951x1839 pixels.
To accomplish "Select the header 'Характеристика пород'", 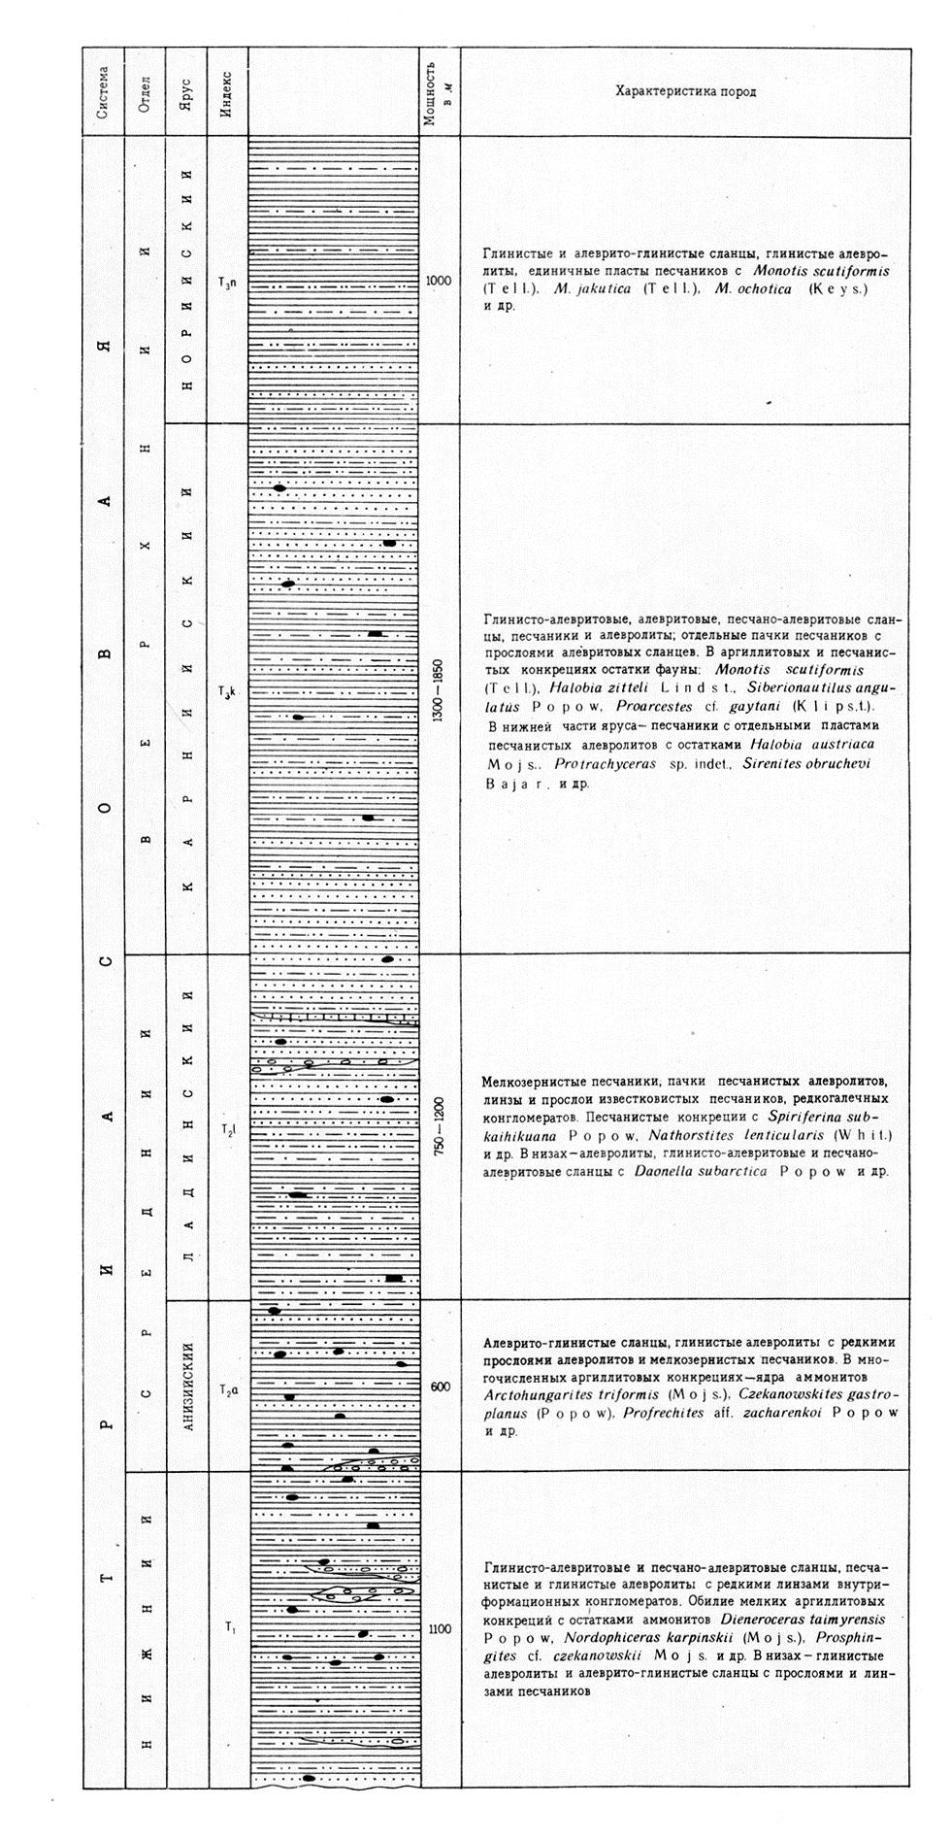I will (685, 92).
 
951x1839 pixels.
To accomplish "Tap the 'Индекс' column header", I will (226, 92).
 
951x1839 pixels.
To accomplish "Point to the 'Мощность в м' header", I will (439, 92).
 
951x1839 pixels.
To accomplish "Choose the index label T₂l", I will (228, 1129).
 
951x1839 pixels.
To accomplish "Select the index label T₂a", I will (228, 1388).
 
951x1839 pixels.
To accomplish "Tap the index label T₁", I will (229, 1625).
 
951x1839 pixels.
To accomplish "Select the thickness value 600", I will (439, 1388).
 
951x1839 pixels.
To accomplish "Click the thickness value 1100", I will (439, 1628).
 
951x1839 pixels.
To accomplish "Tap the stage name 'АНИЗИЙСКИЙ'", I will (188, 1386).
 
